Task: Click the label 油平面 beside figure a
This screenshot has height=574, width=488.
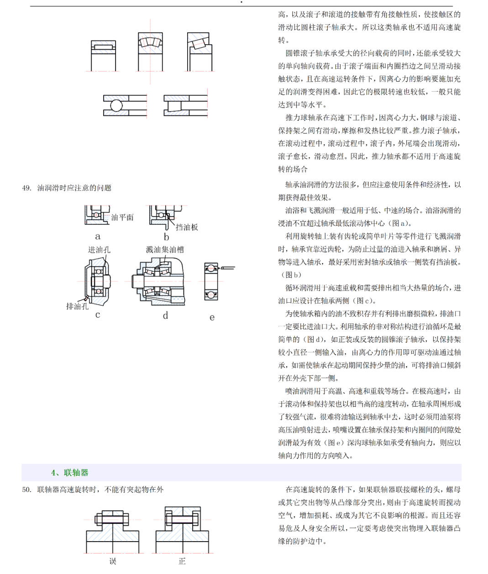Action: tap(122, 217)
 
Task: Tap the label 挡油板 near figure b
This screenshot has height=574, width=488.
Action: tap(187, 227)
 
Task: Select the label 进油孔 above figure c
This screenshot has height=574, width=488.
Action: tap(99, 250)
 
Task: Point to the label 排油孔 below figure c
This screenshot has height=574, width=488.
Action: tap(77, 306)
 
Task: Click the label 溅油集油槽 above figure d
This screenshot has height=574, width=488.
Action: tap(165, 250)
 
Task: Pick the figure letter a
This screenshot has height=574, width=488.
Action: tap(98, 236)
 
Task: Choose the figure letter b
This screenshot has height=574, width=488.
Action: tap(167, 237)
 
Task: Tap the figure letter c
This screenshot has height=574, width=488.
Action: tap(98, 315)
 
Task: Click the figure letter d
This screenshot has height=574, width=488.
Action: tap(166, 315)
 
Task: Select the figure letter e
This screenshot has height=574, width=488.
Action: tap(212, 318)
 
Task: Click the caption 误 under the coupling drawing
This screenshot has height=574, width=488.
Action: tap(113, 561)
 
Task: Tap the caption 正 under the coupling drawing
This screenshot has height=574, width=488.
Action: tap(182, 561)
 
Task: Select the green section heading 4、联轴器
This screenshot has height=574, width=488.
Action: tap(70, 473)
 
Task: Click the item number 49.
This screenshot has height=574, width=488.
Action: tap(26, 188)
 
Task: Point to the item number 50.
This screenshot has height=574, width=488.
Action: tap(26, 490)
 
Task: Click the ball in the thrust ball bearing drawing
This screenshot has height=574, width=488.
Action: tap(116, 105)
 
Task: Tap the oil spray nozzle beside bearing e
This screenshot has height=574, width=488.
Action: tap(228, 268)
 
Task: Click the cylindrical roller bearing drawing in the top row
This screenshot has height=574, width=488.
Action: tap(104, 55)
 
